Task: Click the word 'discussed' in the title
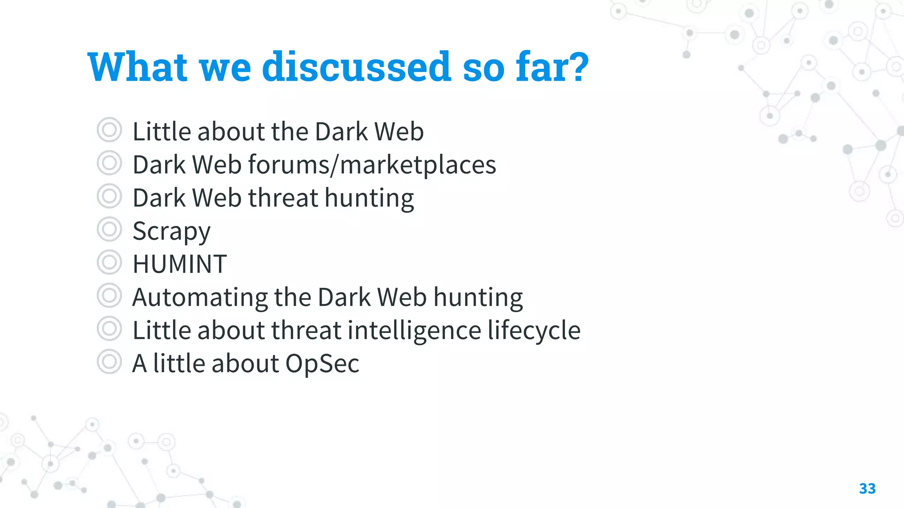point(357,67)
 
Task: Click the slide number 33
point(867,489)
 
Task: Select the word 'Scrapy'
point(171,231)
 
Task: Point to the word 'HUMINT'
point(180,264)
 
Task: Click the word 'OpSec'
point(322,363)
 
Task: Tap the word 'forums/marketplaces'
point(372,165)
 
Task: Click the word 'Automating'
point(200,297)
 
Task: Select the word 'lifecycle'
point(534,330)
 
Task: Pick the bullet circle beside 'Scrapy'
point(109,229)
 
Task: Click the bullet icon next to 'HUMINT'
point(109,262)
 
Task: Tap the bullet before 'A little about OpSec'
point(109,362)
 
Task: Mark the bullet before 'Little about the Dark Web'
point(109,130)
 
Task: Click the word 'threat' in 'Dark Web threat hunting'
point(283,198)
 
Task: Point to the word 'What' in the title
point(138,67)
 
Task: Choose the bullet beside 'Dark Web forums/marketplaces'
point(109,163)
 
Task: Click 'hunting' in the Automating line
point(478,297)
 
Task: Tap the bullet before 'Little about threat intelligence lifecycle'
point(109,329)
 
